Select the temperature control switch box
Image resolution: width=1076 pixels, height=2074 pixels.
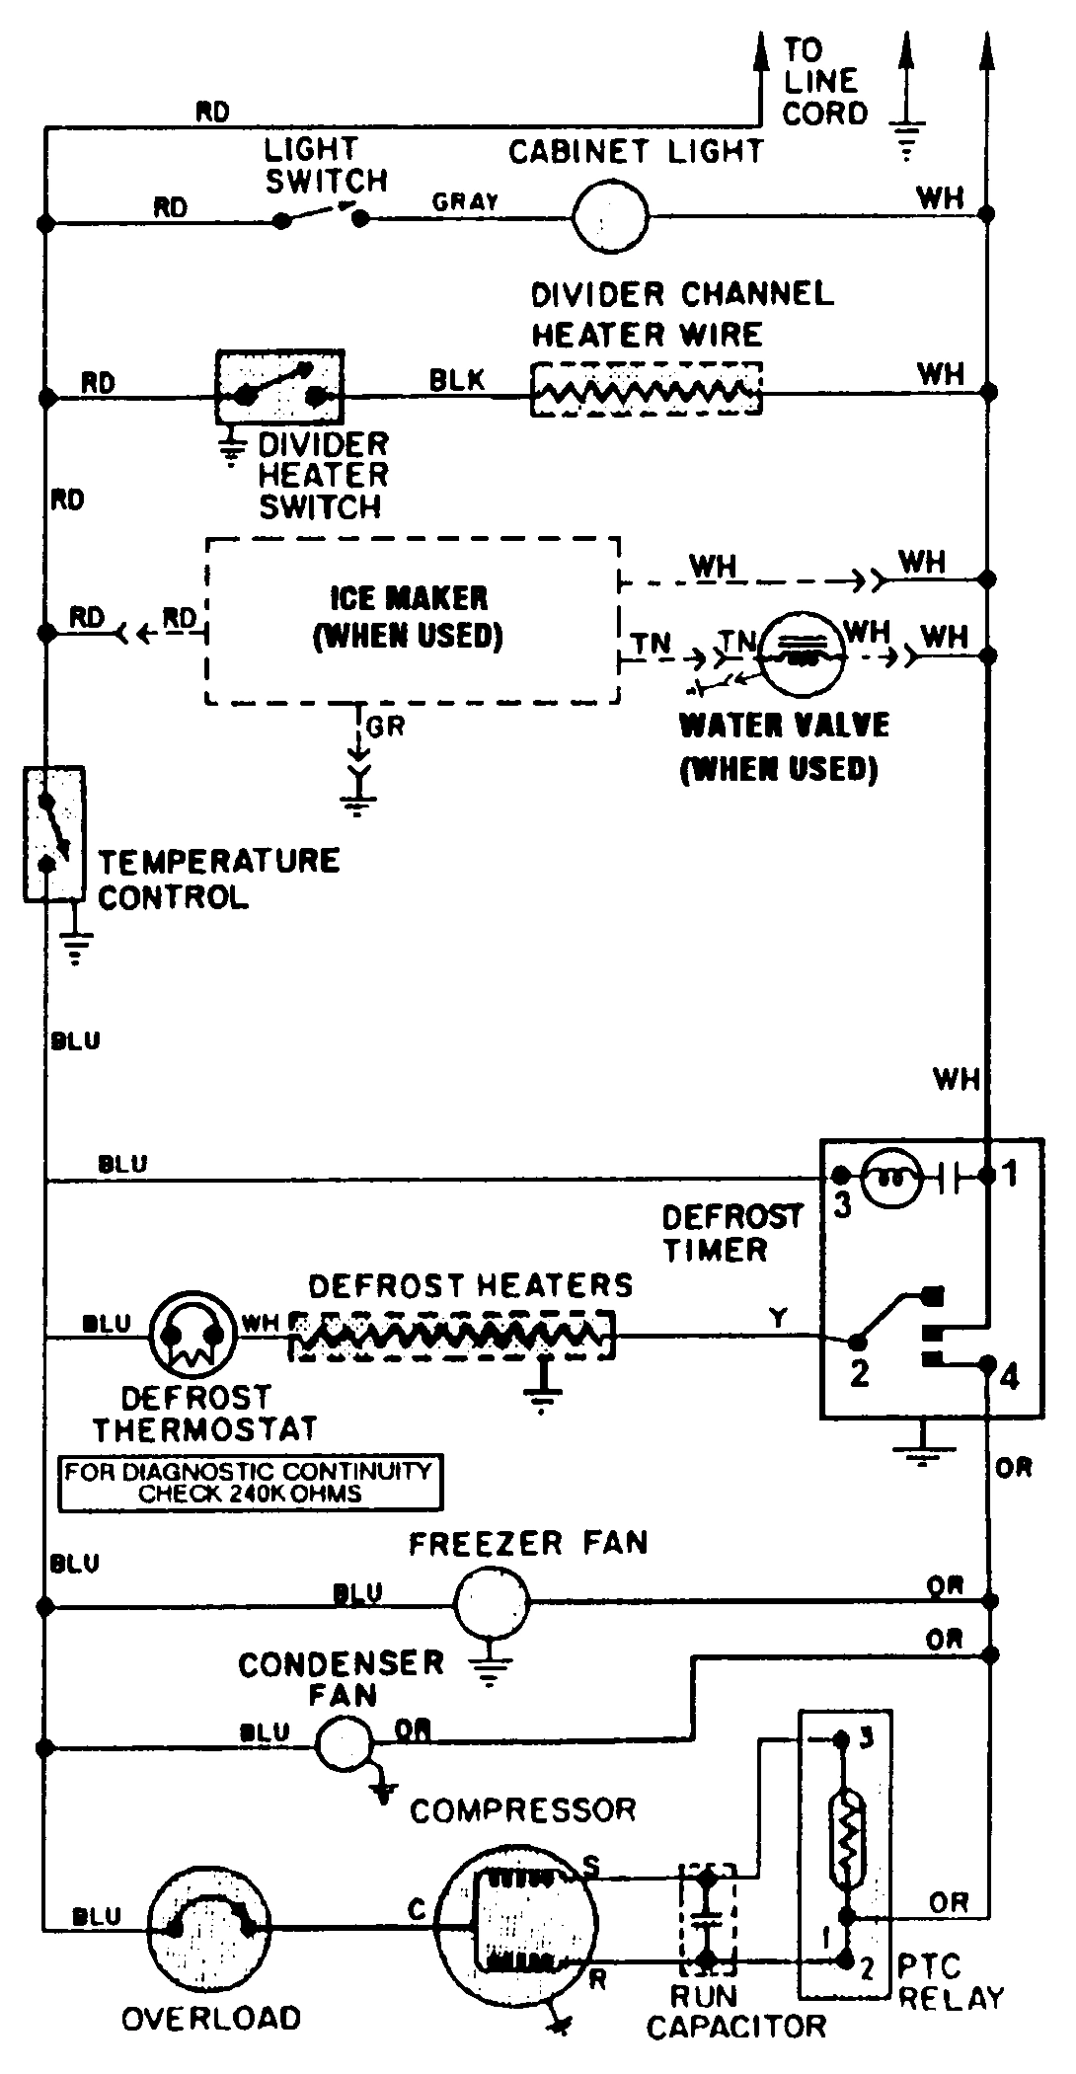pos(53,834)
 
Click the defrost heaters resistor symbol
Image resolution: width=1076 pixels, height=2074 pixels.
pos(452,1336)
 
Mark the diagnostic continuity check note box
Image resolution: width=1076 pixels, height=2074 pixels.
pos(250,1482)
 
